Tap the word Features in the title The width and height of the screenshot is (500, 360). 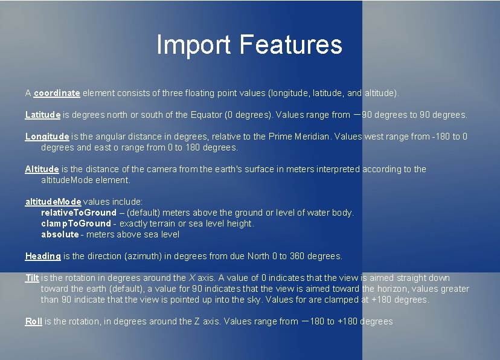click(x=290, y=45)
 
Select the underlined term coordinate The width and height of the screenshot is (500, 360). click(x=57, y=93)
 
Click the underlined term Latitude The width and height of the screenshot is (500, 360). click(x=43, y=114)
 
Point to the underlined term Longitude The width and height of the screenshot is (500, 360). click(x=47, y=137)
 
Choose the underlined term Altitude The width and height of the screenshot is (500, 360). click(x=42, y=169)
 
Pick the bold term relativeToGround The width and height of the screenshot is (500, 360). click(x=79, y=213)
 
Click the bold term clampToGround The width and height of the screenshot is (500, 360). click(x=76, y=223)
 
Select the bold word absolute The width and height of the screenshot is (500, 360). click(x=60, y=234)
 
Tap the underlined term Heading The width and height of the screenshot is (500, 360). click(x=43, y=256)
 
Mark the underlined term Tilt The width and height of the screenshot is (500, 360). click(x=32, y=278)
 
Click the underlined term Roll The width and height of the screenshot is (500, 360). click(x=33, y=321)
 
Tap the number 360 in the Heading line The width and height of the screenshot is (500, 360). click(x=297, y=256)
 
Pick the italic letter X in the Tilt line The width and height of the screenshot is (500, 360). click(x=192, y=278)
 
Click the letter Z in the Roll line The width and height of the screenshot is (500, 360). click(x=197, y=321)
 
